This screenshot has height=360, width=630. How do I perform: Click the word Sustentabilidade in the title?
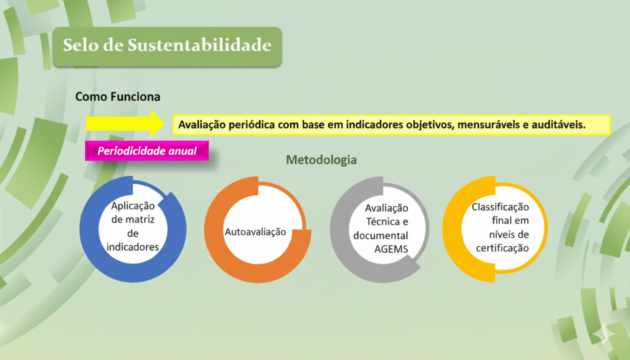click(200, 45)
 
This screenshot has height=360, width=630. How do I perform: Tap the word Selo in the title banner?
click(81, 45)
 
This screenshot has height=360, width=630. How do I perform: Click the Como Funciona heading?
click(118, 97)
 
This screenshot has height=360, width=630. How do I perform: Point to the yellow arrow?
click(125, 123)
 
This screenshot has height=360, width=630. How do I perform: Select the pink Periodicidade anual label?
click(147, 151)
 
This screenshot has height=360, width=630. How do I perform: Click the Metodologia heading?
click(321, 160)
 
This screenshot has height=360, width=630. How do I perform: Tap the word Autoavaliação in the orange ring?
click(255, 232)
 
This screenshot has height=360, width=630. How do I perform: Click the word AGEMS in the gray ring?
click(391, 249)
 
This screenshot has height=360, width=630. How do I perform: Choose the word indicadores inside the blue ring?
click(133, 247)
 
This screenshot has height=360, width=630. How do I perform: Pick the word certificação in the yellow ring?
click(502, 248)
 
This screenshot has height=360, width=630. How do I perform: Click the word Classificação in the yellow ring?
click(500, 207)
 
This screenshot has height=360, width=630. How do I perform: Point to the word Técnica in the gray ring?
click(383, 222)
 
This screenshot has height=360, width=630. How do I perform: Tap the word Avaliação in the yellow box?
click(202, 125)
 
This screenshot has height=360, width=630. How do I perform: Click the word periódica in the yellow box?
click(252, 125)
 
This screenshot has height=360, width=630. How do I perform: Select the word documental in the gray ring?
click(381, 236)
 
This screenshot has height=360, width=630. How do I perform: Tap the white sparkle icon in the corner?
click(604, 334)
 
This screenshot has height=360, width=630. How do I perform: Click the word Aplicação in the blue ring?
click(133, 206)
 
